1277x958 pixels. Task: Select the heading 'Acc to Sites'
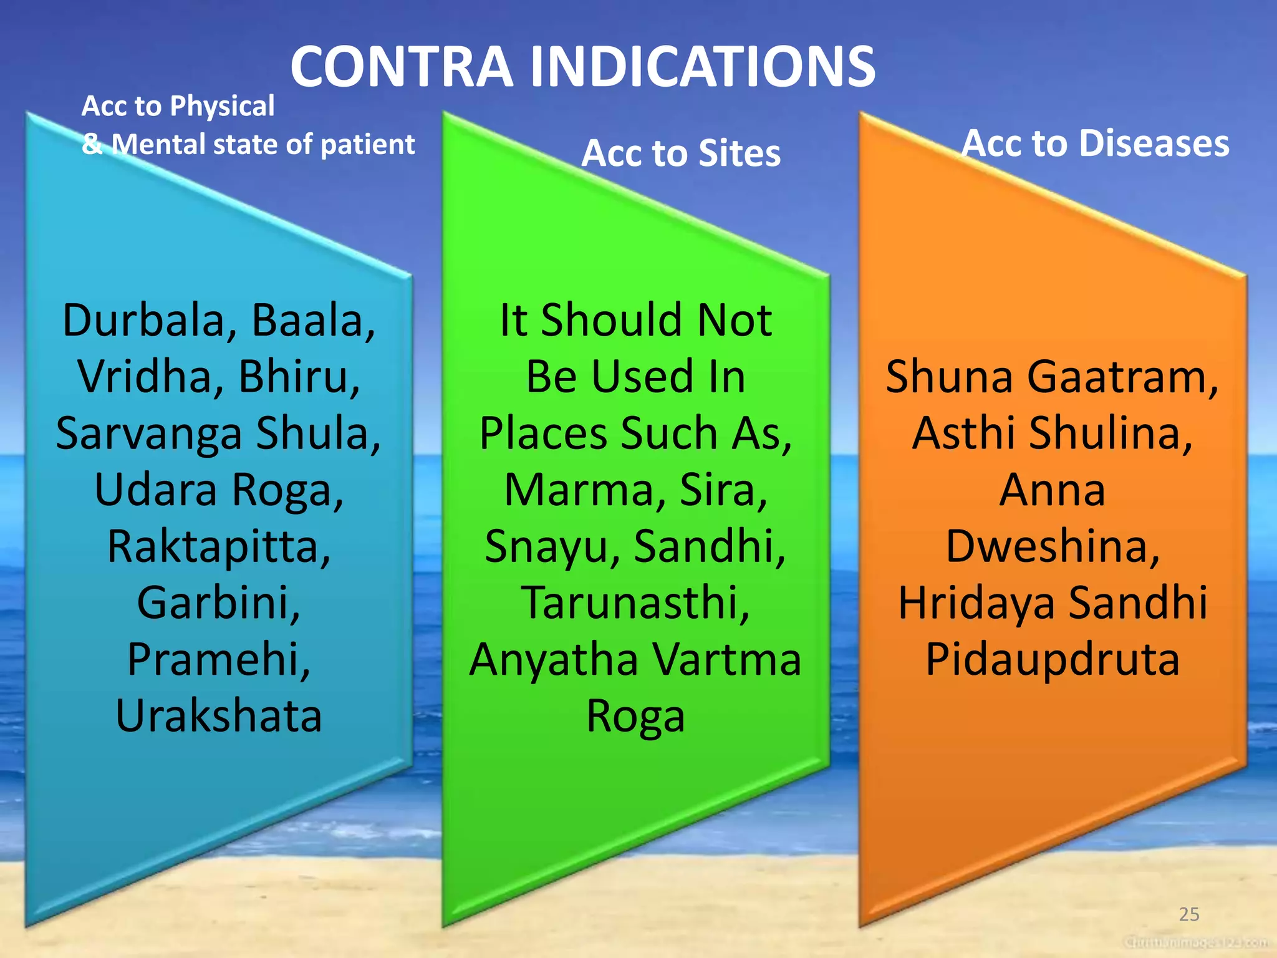tap(680, 153)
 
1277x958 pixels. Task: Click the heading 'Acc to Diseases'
tap(1095, 143)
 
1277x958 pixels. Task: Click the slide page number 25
tap(1189, 914)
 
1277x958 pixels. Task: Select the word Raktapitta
tap(218, 546)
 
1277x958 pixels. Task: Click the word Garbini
tap(218, 603)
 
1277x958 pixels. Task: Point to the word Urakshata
tap(218, 716)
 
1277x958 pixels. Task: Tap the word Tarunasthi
tap(635, 603)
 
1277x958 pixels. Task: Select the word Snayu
tap(552, 546)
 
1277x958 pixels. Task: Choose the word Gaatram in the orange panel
tap(1122, 377)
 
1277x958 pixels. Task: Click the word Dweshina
tap(1053, 546)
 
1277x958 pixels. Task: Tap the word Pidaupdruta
tap(1053, 660)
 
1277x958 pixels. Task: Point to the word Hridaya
tap(976, 603)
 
